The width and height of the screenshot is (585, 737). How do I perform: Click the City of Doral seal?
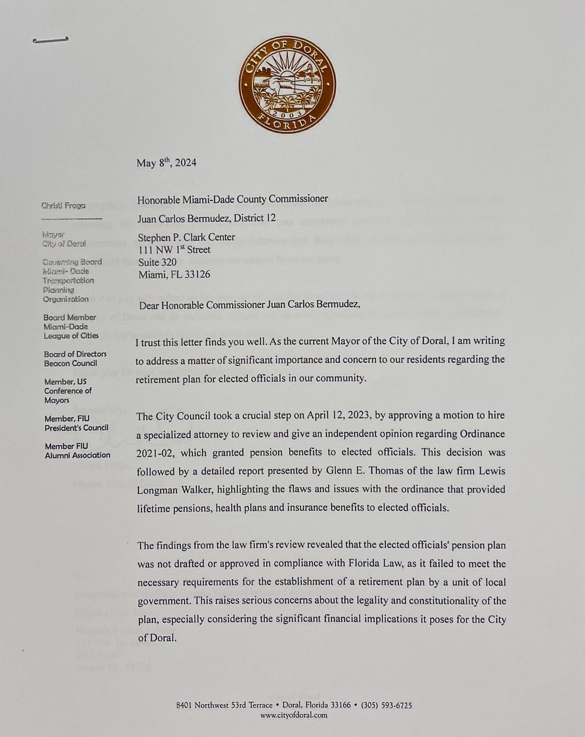(287, 84)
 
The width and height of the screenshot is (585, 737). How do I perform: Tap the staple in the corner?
(51, 40)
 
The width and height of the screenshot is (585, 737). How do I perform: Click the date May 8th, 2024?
(166, 163)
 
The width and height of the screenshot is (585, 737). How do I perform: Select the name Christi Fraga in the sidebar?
(63, 205)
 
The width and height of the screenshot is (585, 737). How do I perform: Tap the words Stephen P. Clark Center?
(187, 237)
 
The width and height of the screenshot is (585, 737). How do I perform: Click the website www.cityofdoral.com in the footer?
(293, 715)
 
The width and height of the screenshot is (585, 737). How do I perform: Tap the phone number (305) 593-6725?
(386, 705)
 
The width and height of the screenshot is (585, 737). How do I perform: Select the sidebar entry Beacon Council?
(70, 363)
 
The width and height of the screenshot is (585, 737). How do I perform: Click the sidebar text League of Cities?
(71, 336)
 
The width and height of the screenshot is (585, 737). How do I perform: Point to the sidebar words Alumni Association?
(77, 456)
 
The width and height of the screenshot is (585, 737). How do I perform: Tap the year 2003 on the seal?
(287, 113)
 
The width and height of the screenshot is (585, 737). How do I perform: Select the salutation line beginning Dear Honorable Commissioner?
(249, 304)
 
